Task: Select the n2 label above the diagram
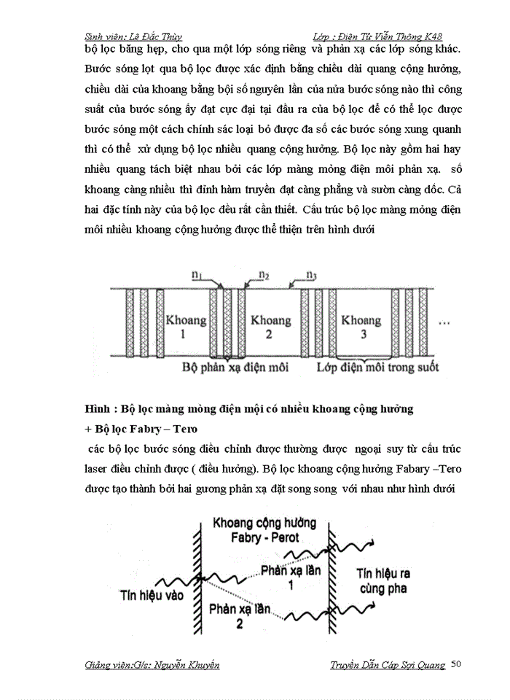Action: pyautogui.click(x=264, y=276)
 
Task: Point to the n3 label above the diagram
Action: pyautogui.click(x=311, y=276)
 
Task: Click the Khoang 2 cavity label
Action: pyautogui.click(x=269, y=327)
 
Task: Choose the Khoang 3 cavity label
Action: pyautogui.click(x=361, y=327)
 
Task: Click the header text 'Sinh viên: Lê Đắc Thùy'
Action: pyautogui.click(x=133, y=36)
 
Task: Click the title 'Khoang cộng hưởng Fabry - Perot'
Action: pyautogui.click(x=260, y=530)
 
